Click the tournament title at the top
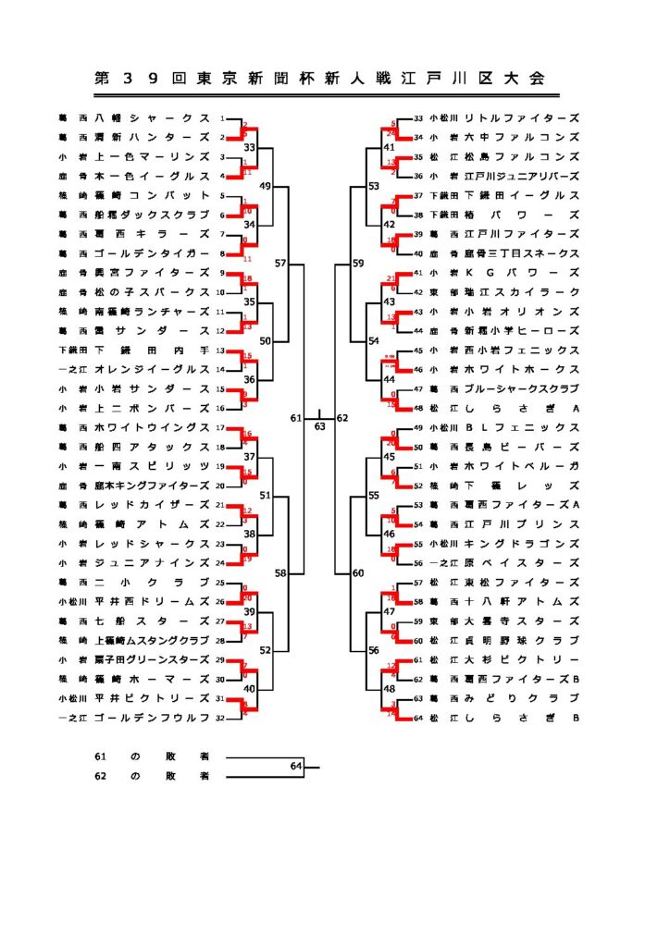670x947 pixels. coord(319,80)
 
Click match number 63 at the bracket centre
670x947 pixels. coord(319,427)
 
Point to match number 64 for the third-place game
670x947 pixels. coord(296,766)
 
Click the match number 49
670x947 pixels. coord(266,187)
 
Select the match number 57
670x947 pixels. coord(280,264)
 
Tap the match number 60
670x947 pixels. coord(358,573)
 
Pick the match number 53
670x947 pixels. coord(373,187)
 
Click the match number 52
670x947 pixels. coord(266,650)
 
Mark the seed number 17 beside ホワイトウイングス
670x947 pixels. coord(221,428)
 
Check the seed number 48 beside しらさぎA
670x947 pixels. coord(418,408)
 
